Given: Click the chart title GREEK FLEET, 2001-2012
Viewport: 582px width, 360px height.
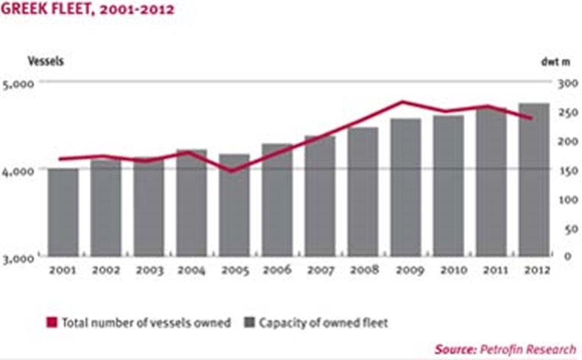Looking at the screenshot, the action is pyautogui.click(x=88, y=9).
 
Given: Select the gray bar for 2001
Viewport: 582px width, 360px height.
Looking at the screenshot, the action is pyautogui.click(x=63, y=212).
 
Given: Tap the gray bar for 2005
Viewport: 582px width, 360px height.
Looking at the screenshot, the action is pyautogui.click(x=234, y=205).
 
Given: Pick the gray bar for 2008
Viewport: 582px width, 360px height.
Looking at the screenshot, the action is pyautogui.click(x=362, y=191).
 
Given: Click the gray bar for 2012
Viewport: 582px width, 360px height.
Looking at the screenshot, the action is pyautogui.click(x=534, y=180).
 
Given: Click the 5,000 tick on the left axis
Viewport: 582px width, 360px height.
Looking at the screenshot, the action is pyautogui.click(x=18, y=84).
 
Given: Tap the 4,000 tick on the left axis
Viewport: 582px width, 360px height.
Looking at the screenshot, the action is pyautogui.click(x=18, y=172).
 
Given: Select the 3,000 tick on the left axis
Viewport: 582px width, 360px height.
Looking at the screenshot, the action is pyautogui.click(x=18, y=258).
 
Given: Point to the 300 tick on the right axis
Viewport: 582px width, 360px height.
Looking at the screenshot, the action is pyautogui.click(x=567, y=83).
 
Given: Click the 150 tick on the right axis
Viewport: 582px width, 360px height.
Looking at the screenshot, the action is pyautogui.click(x=567, y=171).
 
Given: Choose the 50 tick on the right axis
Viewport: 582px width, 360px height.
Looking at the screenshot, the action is pyautogui.click(x=570, y=229).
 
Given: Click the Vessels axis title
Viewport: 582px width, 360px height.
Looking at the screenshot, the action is pyautogui.click(x=46, y=61).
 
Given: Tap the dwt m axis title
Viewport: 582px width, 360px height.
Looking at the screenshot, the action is pyautogui.click(x=555, y=62).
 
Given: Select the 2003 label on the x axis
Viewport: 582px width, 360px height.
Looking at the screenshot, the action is pyautogui.click(x=150, y=270).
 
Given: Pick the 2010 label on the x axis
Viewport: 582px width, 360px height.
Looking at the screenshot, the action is pyautogui.click(x=453, y=269).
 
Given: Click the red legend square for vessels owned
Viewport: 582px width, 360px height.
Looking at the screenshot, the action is pyautogui.click(x=52, y=322).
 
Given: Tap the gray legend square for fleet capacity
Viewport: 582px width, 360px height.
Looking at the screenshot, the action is pyautogui.click(x=250, y=322).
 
